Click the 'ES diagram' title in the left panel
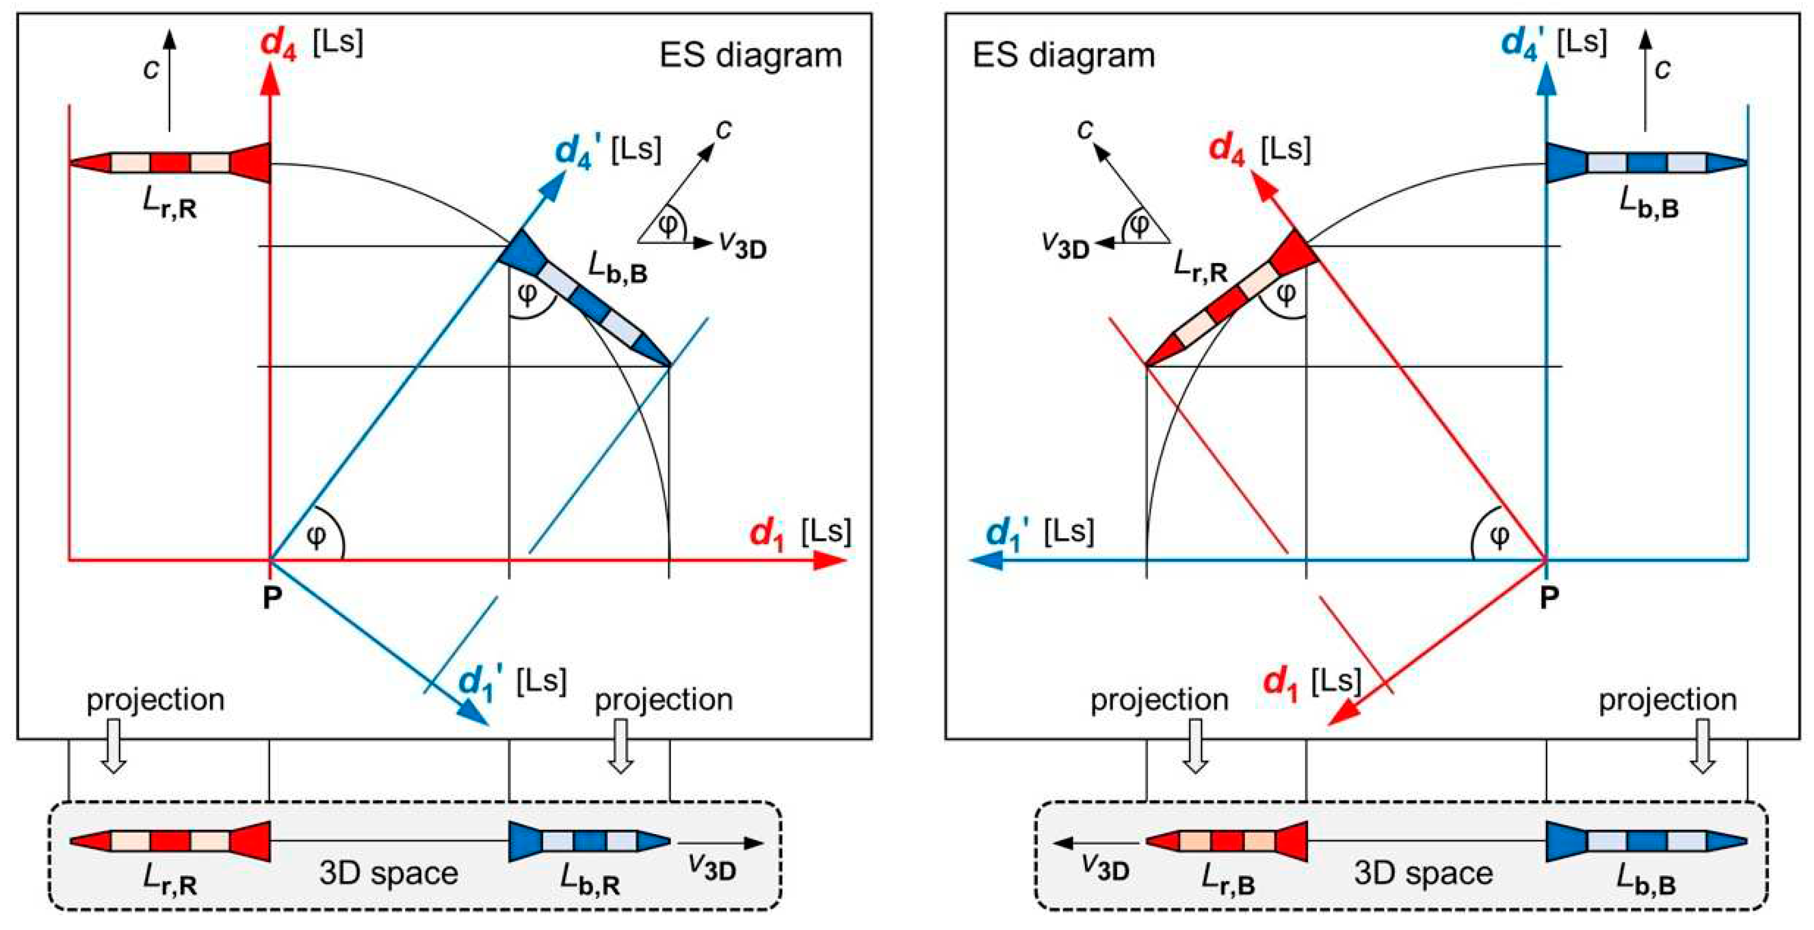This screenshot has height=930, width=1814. coord(750,55)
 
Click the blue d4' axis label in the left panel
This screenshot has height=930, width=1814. coord(574,150)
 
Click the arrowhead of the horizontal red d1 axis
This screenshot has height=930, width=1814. coord(831,561)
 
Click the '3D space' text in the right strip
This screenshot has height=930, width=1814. coord(1423,873)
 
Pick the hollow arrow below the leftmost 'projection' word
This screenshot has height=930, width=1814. coord(113,746)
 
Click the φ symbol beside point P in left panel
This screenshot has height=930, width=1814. coord(317,537)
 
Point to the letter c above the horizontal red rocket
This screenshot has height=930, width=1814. coord(151,69)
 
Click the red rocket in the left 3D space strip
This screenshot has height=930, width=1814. coord(170,841)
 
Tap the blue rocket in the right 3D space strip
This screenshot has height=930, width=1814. coord(1646,841)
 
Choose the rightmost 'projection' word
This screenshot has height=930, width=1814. coord(1668,700)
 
